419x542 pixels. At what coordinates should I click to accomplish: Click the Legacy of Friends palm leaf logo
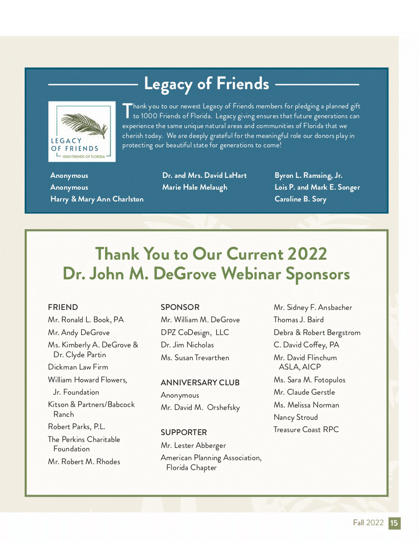(x=82, y=131)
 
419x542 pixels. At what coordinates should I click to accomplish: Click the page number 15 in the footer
(x=394, y=523)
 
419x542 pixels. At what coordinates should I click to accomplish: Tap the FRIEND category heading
(x=63, y=307)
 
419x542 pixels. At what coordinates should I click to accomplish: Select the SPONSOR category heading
(x=180, y=307)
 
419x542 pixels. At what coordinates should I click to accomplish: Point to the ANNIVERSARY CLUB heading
(x=200, y=382)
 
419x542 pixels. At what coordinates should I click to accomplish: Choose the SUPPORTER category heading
(x=184, y=432)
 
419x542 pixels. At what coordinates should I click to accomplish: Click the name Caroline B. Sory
(x=300, y=199)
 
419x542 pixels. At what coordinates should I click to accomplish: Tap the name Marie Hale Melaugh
(x=195, y=187)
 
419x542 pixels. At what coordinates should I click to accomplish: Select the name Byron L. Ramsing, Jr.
(x=309, y=175)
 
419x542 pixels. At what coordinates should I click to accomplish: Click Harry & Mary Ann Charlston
(x=97, y=199)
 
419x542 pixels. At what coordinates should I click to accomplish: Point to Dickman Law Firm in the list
(x=78, y=367)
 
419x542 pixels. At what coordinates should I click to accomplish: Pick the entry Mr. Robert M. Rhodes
(x=84, y=462)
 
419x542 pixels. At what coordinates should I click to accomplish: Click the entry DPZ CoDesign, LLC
(x=195, y=333)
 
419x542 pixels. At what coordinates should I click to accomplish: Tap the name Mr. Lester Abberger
(x=193, y=445)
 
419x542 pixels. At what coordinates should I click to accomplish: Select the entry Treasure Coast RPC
(x=306, y=430)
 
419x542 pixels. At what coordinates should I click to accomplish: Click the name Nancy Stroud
(x=296, y=417)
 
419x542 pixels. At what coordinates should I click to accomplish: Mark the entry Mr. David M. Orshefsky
(x=200, y=407)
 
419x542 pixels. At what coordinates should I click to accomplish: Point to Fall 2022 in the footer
(x=368, y=523)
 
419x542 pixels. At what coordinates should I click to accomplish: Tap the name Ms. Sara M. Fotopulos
(x=310, y=380)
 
